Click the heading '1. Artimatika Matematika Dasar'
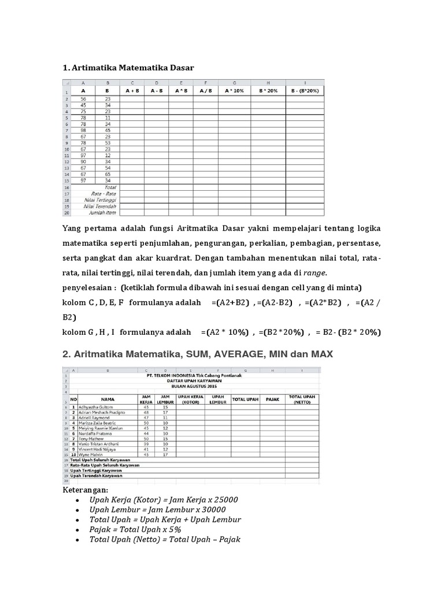pyautogui.click(x=128, y=68)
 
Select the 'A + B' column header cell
pyautogui.click(x=132, y=91)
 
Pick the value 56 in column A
pyautogui.click(x=83, y=99)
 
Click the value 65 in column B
pyautogui.click(x=108, y=174)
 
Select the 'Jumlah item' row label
pyautogui.click(x=104, y=212)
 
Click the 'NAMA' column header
pyautogui.click(x=108, y=399)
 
